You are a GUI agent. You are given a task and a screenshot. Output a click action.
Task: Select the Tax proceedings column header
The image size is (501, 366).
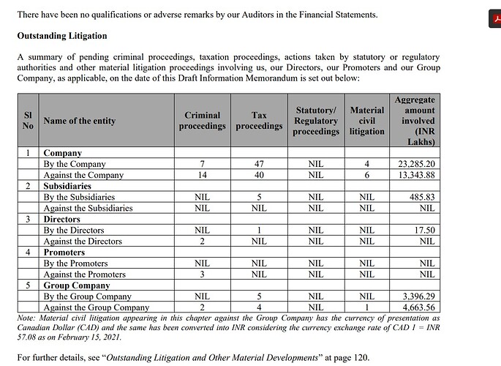point(259,121)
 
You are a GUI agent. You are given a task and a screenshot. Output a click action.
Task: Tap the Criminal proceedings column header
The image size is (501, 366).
point(203,121)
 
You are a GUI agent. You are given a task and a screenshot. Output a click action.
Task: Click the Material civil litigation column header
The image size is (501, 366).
point(366,121)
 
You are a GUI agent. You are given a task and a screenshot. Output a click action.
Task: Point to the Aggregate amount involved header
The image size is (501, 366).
point(414,121)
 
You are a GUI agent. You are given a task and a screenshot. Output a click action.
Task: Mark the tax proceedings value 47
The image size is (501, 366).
point(259,164)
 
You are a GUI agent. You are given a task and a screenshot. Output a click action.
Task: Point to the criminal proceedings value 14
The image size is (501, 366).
point(203,175)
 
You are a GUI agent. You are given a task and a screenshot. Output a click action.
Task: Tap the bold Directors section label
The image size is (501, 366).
point(62,219)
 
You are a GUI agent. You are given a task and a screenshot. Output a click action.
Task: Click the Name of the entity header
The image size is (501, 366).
point(79,121)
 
